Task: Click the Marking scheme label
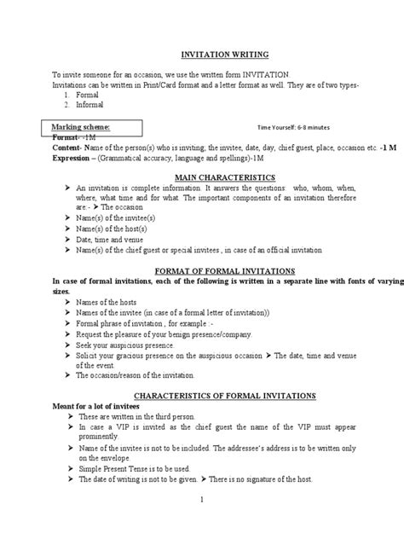(82, 126)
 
